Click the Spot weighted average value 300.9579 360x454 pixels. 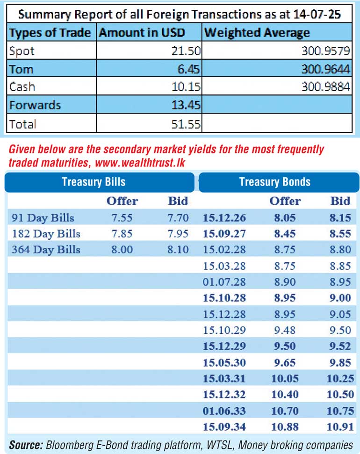[x=325, y=51]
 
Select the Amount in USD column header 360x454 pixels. [x=142, y=32]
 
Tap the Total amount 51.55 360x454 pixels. [x=186, y=124]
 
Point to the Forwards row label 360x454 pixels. [x=35, y=105]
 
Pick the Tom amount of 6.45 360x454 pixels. [x=188, y=69]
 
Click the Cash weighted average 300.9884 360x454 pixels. [x=325, y=86]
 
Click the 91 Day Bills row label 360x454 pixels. [x=43, y=218]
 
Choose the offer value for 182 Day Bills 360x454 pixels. [x=122, y=234]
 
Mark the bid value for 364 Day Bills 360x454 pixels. [x=178, y=250]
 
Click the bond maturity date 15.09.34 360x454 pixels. [x=224, y=427]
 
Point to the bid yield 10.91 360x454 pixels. [x=340, y=427]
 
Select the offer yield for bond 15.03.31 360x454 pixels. [x=285, y=378]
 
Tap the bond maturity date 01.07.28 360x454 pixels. [x=224, y=282]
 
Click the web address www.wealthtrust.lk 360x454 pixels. [x=140, y=163]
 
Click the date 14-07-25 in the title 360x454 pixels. [x=317, y=14]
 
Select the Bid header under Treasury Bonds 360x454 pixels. [x=340, y=201]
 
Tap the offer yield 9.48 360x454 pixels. [x=285, y=330]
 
